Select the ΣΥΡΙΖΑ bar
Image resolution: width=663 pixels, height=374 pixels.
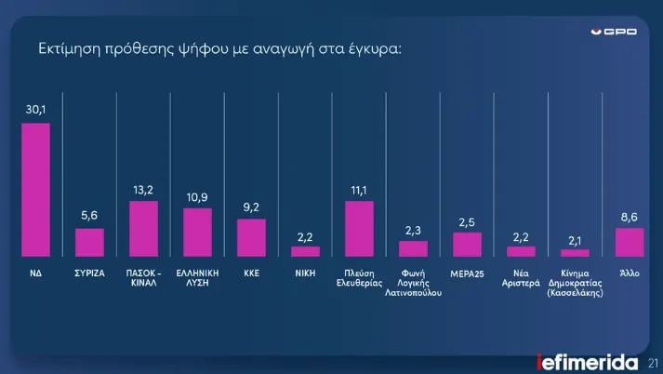pyautogui.click(x=89, y=243)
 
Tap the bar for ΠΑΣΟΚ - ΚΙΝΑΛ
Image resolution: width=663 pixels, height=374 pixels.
pyautogui.click(x=143, y=229)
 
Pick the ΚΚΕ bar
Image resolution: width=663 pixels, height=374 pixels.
pyautogui.click(x=251, y=238)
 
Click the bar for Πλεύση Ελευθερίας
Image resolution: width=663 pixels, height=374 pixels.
pyautogui.click(x=359, y=229)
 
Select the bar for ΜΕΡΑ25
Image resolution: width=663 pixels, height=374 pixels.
pyautogui.click(x=467, y=245)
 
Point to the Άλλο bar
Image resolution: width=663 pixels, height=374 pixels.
pyautogui.click(x=630, y=242)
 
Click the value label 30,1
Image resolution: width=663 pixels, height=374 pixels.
pyautogui.click(x=35, y=112)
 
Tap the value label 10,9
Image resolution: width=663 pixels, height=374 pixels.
pyautogui.click(x=197, y=197)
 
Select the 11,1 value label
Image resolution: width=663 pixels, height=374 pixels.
pyautogui.click(x=359, y=190)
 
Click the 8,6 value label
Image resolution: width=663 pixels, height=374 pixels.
pyautogui.click(x=630, y=217)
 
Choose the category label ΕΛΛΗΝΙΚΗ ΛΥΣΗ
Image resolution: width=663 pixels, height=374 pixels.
pyautogui.click(x=197, y=279)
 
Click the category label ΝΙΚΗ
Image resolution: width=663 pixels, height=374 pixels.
pyautogui.click(x=305, y=274)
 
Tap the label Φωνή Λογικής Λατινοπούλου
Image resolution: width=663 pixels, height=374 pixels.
pyautogui.click(x=413, y=283)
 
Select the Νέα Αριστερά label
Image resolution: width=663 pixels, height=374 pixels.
pyautogui.click(x=521, y=279)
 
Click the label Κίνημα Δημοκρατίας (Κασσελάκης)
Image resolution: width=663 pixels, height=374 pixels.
pyautogui.click(x=575, y=283)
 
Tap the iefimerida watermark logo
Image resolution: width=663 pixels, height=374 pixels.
pyautogui.click(x=588, y=362)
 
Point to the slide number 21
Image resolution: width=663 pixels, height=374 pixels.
pyautogui.click(x=653, y=363)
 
